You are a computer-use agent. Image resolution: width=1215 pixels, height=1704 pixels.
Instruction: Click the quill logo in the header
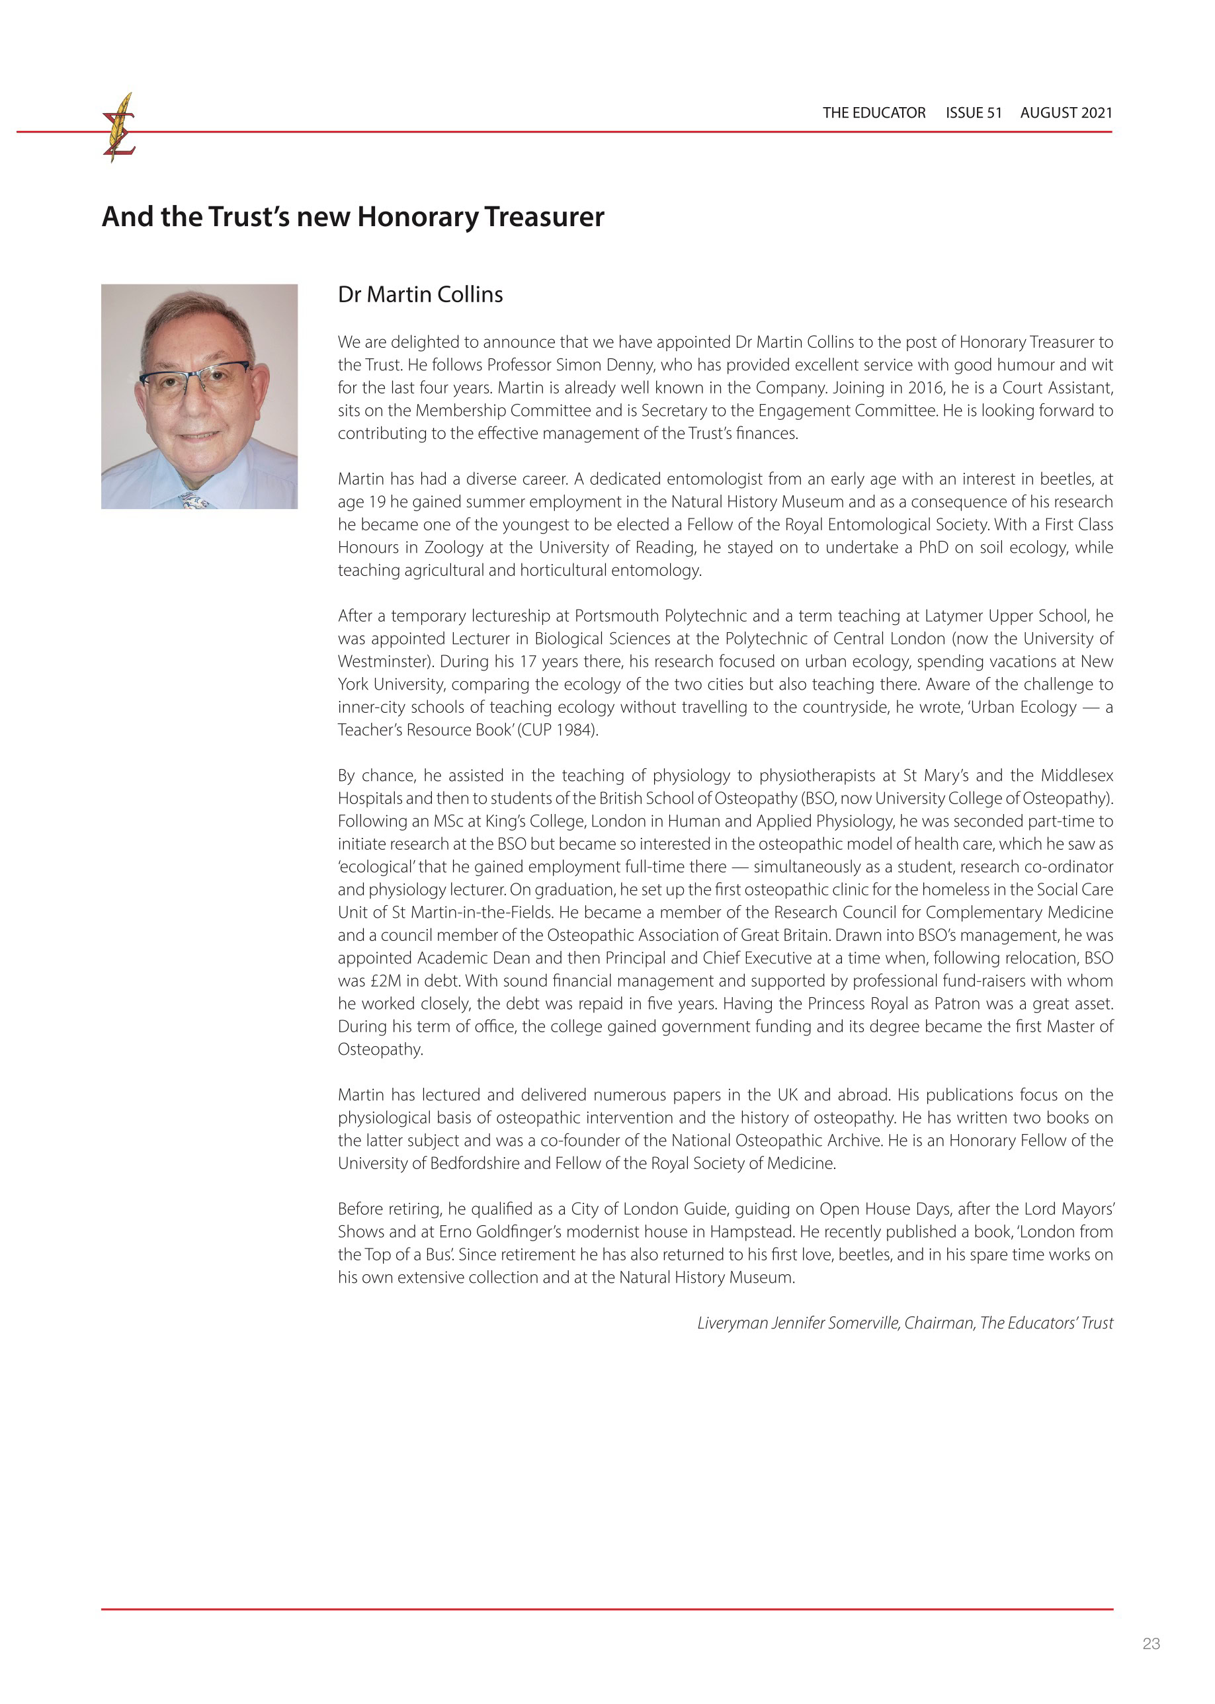(119, 127)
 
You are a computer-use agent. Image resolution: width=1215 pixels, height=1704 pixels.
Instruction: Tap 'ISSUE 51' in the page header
(973, 113)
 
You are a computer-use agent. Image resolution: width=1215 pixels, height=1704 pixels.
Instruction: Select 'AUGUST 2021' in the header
(1066, 113)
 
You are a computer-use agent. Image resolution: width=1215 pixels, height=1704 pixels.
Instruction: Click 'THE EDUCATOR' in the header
(874, 113)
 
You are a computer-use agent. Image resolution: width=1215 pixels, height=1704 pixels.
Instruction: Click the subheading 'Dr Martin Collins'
(420, 295)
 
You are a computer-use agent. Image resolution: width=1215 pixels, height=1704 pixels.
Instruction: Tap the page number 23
(1151, 1643)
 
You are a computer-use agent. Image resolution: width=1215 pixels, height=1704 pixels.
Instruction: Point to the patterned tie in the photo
(193, 500)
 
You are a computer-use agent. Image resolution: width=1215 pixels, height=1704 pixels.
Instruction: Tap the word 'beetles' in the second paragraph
(1068, 479)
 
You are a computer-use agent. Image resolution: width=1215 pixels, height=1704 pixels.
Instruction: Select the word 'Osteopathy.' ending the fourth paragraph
(380, 1049)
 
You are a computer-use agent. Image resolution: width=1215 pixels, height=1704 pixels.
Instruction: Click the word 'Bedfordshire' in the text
(474, 1163)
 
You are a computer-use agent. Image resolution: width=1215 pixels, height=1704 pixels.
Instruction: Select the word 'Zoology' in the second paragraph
(454, 548)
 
